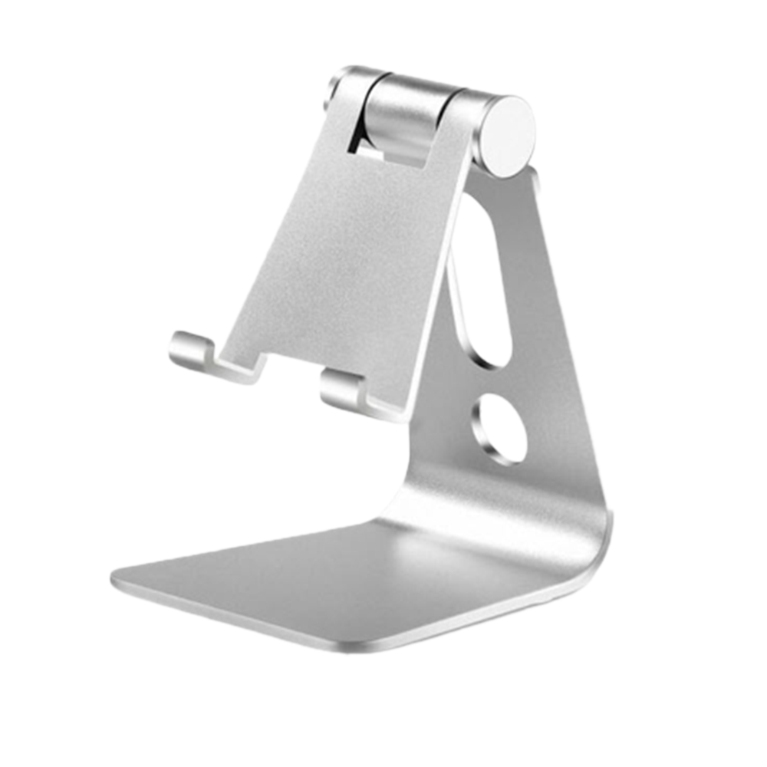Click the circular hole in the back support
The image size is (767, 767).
click(x=499, y=430)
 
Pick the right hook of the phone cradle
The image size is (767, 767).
click(x=344, y=390)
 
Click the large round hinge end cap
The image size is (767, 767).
click(x=509, y=135)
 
